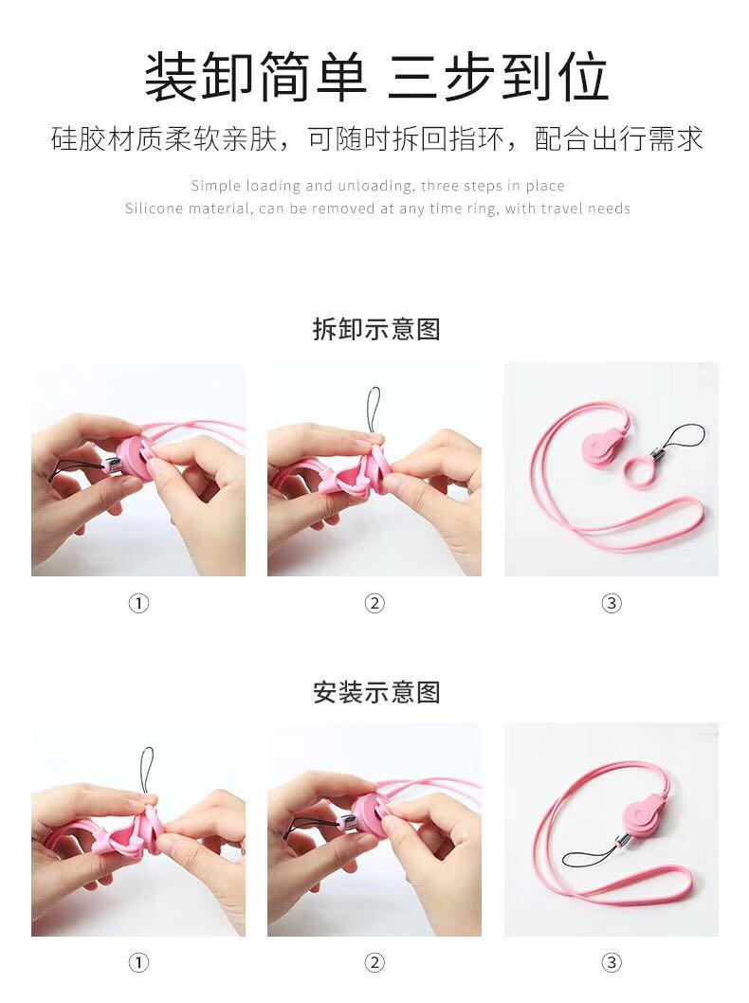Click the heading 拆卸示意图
[376, 329]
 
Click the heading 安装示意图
[376, 691]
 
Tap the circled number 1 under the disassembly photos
[138, 603]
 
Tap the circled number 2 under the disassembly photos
[374, 603]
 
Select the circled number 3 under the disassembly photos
[612, 603]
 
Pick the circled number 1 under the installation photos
[138, 962]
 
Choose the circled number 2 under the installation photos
[374, 962]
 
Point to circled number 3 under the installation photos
[612, 962]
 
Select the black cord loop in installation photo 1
[147, 768]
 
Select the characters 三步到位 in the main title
[497, 78]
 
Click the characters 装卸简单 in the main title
[255, 78]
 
